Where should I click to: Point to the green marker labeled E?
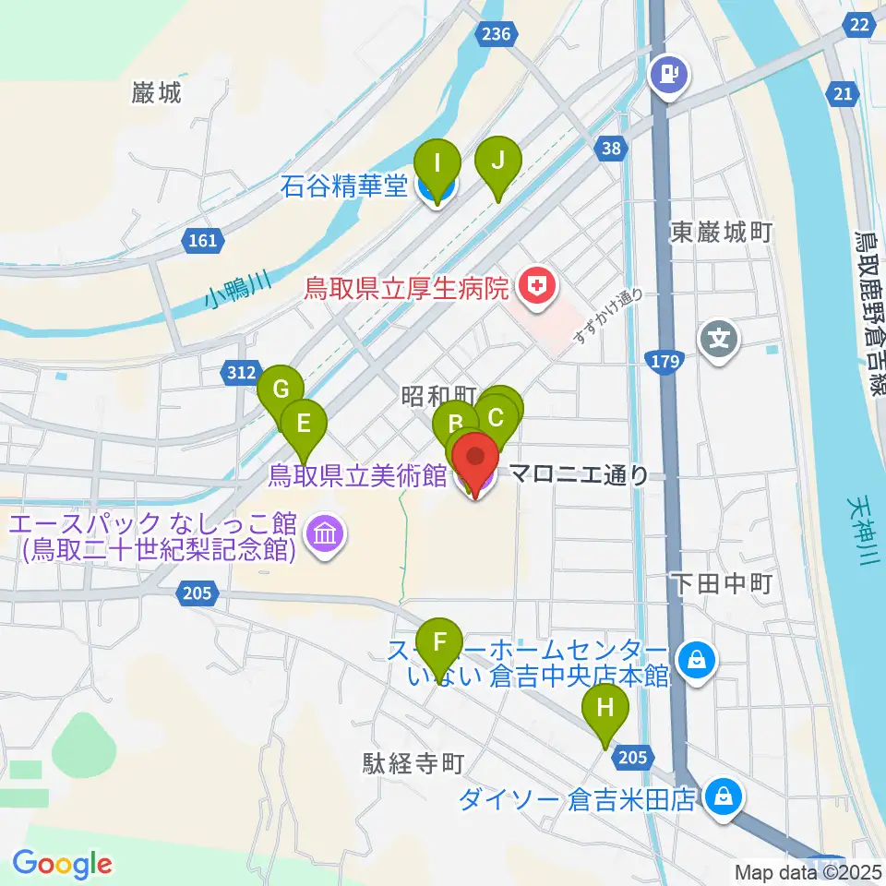[304, 425]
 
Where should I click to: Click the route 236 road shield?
[495, 34]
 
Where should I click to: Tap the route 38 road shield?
[608, 147]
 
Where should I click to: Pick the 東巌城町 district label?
[721, 232]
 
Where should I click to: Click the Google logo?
[62, 864]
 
